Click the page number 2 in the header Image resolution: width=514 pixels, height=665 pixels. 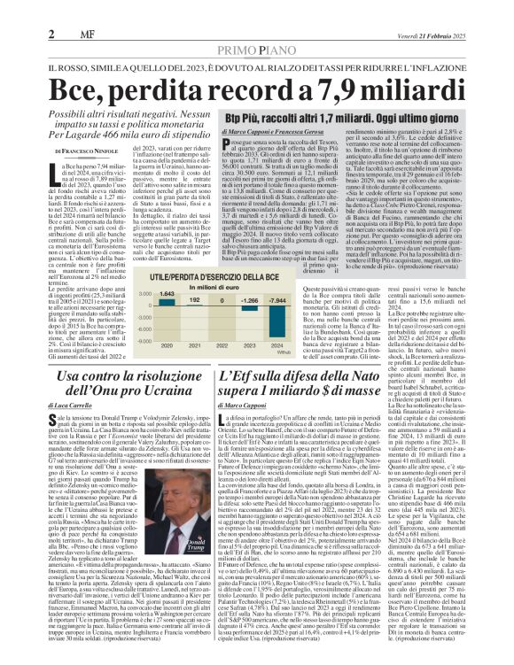[52, 32]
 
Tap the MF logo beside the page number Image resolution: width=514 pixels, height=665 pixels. [73, 32]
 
